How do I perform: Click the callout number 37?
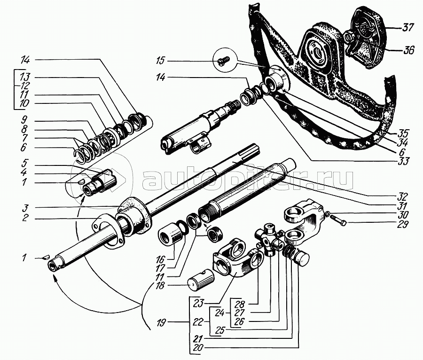(x=407, y=28)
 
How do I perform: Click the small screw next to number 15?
(x=222, y=60)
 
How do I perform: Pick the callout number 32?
(x=401, y=195)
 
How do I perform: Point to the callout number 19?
(x=161, y=322)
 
